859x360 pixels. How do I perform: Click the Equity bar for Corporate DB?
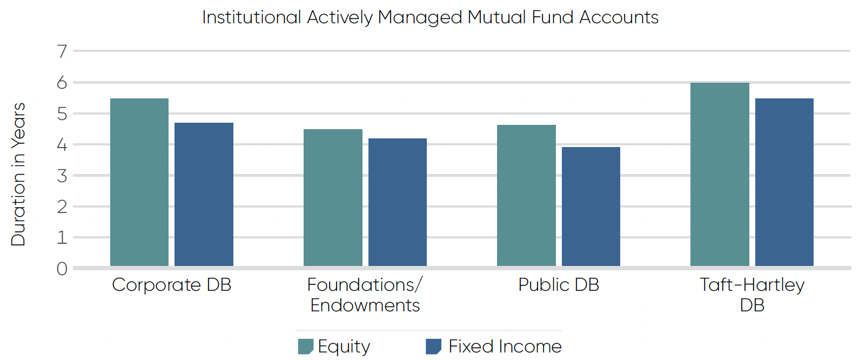139,182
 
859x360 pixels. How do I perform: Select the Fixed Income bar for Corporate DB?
204,194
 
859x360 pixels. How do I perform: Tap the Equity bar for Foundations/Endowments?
333,197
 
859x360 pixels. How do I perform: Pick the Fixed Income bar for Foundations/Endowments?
397,202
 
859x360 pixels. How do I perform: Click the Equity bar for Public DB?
526,195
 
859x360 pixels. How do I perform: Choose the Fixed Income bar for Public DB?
590,206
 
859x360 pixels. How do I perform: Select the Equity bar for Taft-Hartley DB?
720,174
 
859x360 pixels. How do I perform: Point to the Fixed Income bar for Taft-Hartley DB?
784,182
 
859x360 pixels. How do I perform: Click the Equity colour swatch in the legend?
305,346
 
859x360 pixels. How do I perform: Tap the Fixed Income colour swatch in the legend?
433,346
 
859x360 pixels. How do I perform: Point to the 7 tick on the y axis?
62,51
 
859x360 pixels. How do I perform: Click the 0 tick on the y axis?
62,269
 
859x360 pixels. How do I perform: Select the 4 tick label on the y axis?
62,145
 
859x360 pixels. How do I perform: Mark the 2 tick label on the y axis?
62,207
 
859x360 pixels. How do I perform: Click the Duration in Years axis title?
18,174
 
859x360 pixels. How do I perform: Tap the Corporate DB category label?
171,285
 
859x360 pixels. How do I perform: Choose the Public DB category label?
559,285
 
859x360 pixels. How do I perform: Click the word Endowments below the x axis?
365,305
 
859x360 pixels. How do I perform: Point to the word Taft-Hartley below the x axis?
752,285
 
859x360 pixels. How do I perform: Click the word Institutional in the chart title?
251,17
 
